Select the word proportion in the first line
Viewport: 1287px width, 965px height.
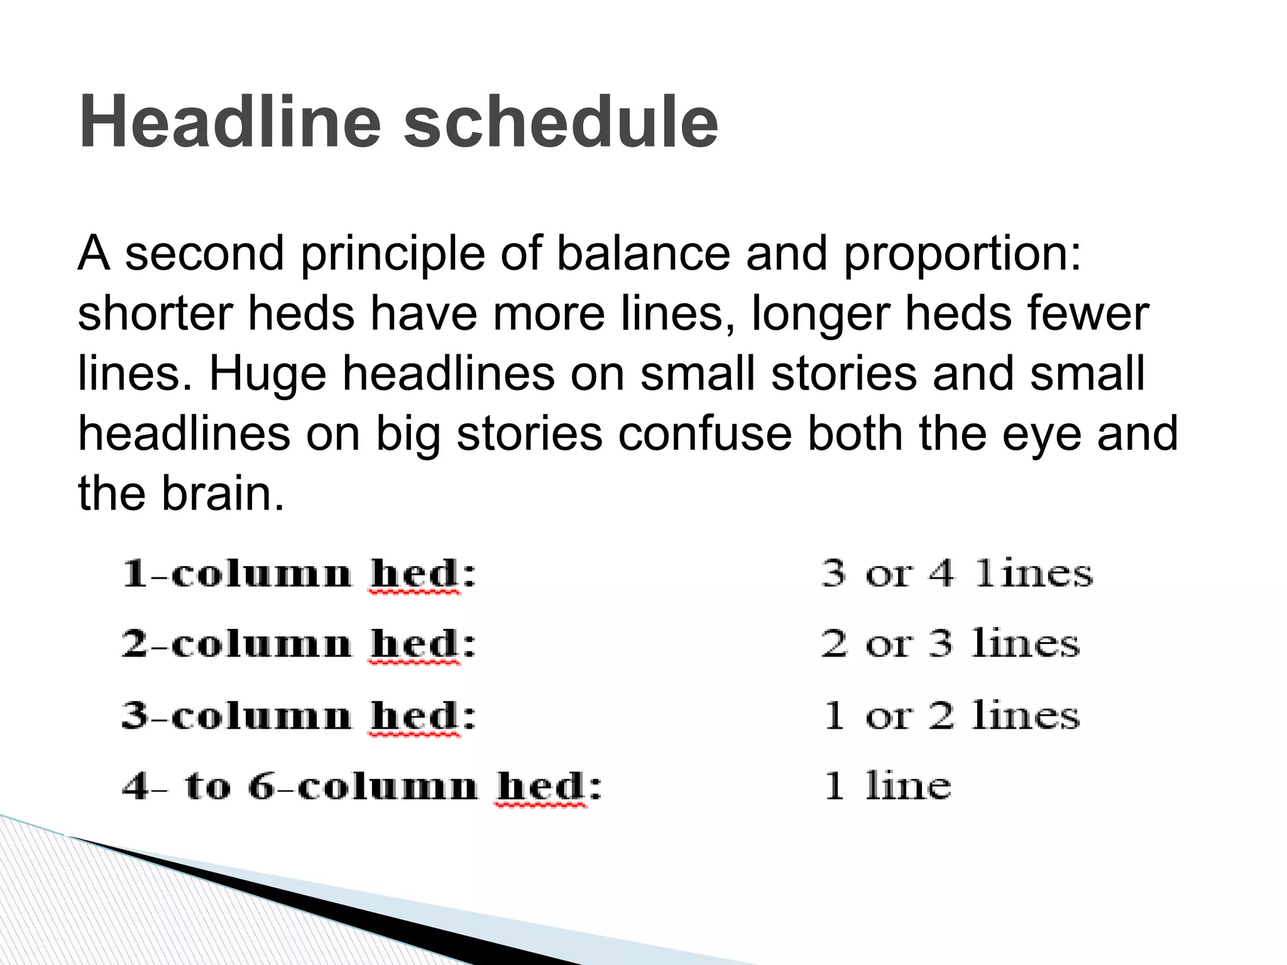[x=962, y=254]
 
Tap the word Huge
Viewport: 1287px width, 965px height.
[x=267, y=374]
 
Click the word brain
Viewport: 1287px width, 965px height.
[x=223, y=493]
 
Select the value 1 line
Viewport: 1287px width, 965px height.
[x=887, y=786]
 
